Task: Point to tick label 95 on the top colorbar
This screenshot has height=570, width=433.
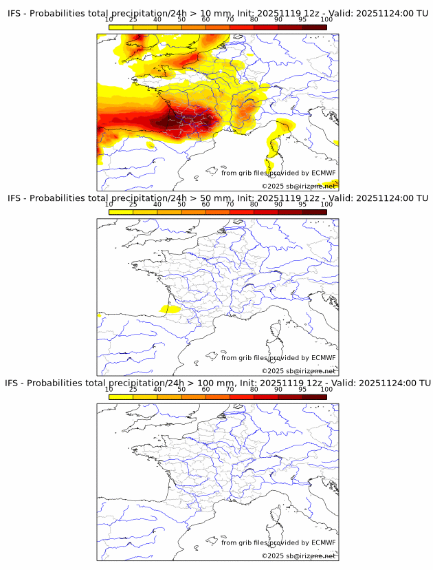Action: point(302,20)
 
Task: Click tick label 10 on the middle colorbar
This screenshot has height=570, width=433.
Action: point(109,204)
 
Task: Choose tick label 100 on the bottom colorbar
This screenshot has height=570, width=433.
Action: point(326,389)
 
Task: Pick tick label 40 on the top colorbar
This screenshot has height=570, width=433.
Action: point(157,20)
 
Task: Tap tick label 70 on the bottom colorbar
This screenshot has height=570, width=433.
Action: point(230,389)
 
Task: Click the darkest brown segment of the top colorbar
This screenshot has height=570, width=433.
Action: point(314,27)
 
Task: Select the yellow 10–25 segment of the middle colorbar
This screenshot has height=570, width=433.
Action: point(121,211)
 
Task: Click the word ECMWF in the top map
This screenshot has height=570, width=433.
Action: point(323,173)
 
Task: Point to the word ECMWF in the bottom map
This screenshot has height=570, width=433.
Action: point(323,542)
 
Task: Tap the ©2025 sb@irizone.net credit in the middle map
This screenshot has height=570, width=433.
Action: point(298,371)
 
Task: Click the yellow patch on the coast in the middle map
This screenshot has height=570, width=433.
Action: point(169,309)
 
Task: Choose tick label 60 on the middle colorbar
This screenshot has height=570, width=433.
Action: point(206,204)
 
